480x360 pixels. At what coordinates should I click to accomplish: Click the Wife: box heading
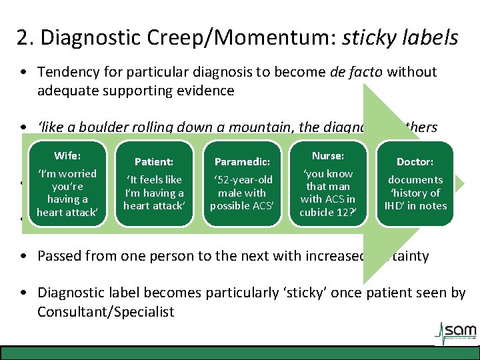[x=67, y=156]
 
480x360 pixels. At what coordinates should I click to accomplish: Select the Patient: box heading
[x=154, y=161]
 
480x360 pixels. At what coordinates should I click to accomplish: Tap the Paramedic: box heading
[x=241, y=161]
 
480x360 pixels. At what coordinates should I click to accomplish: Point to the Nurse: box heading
[x=327, y=156]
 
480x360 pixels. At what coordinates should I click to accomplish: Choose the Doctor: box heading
[x=415, y=161]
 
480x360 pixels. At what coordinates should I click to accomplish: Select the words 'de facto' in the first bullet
[x=353, y=71]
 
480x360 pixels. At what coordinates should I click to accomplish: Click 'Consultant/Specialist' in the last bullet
[x=106, y=311]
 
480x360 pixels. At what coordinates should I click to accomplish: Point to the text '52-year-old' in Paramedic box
[x=241, y=180]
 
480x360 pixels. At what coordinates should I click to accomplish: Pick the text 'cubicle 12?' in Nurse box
[x=327, y=212]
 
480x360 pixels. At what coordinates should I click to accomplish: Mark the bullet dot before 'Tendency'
[x=24, y=72]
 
